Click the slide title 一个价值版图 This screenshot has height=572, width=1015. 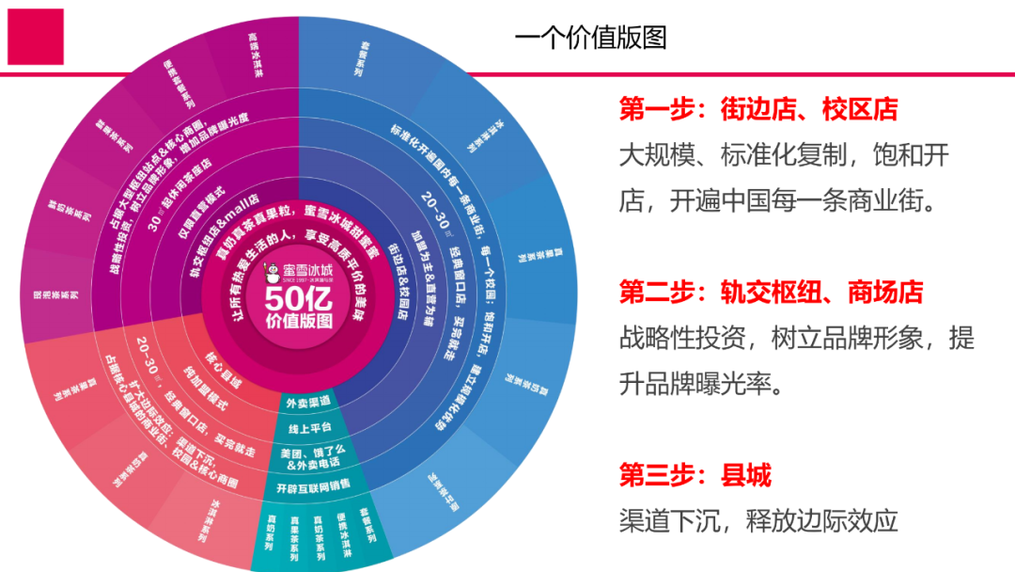590,37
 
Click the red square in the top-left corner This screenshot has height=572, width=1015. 35,37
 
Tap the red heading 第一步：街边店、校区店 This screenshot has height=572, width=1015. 757,109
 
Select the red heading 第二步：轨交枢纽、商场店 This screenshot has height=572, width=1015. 771,292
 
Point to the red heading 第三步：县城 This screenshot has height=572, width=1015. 695,475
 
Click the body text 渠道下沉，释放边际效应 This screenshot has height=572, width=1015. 758,519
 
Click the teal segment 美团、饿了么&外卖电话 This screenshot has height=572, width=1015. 314,457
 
